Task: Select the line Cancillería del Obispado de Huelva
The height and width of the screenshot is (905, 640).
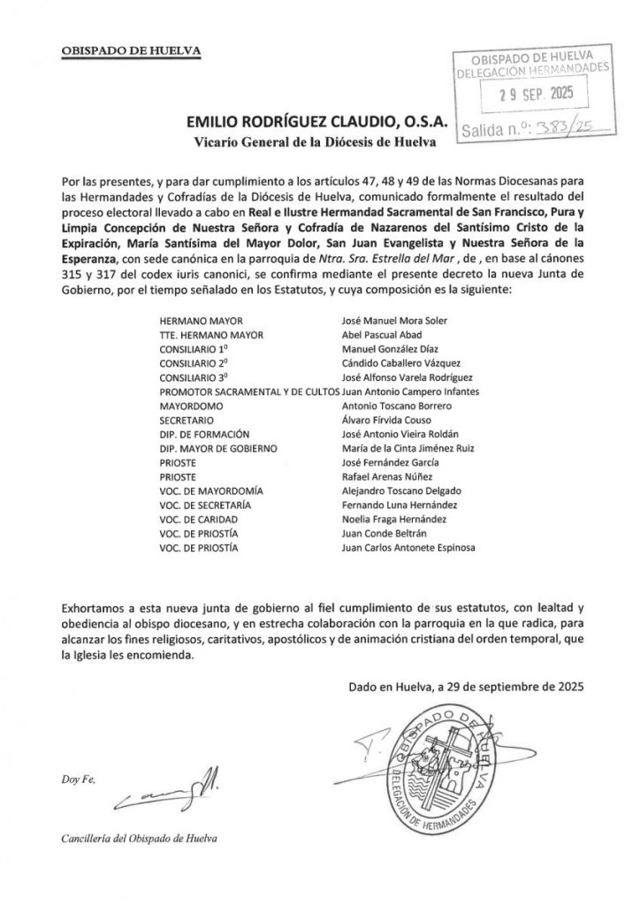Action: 138,838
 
